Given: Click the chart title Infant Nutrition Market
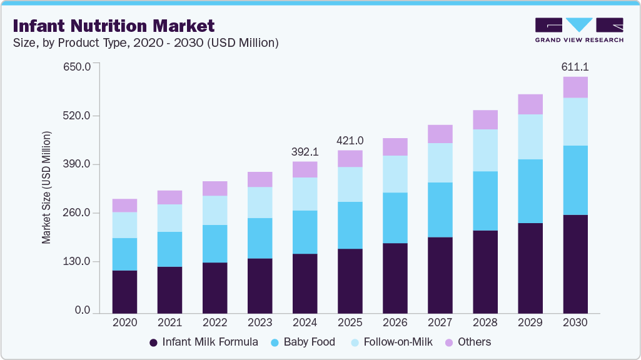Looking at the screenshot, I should [113, 26].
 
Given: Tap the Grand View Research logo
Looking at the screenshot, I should [578, 30].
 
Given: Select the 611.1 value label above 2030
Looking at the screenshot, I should [575, 67].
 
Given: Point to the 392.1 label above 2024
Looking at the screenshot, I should [305, 152].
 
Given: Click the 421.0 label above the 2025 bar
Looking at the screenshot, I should [350, 141].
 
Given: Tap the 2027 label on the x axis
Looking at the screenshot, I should [440, 323].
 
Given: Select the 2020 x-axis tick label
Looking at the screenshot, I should [124, 323].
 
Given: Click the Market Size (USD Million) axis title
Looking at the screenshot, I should [46, 187].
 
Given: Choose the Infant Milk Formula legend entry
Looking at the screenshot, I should [204, 342].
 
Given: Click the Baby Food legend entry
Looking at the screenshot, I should [303, 342].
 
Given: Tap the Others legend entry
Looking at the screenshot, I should [468, 342].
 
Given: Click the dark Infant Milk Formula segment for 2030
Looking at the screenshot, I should [575, 264].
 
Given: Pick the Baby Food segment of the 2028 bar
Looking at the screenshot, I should [485, 201].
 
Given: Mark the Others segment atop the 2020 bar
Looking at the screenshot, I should [124, 205].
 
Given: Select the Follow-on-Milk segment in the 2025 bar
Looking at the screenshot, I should [350, 184].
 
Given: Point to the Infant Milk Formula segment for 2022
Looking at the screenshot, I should [215, 287].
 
